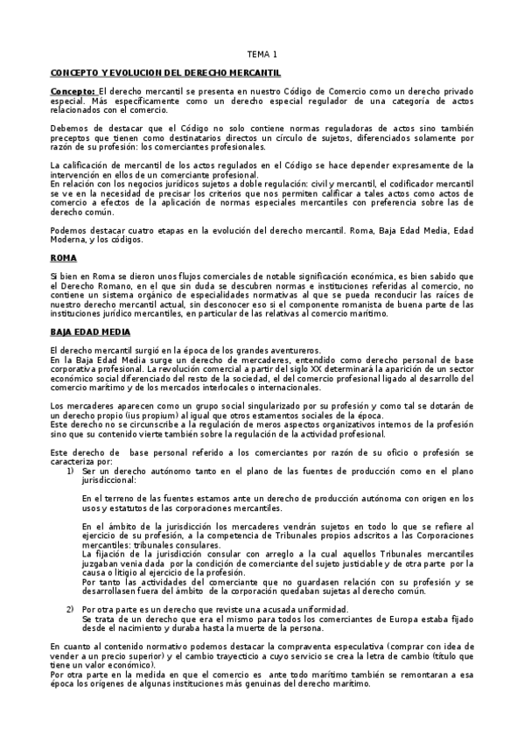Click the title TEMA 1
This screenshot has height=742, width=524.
tap(261, 53)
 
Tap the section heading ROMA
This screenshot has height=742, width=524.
tap(64, 259)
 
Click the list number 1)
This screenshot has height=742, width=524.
tap(70, 470)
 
